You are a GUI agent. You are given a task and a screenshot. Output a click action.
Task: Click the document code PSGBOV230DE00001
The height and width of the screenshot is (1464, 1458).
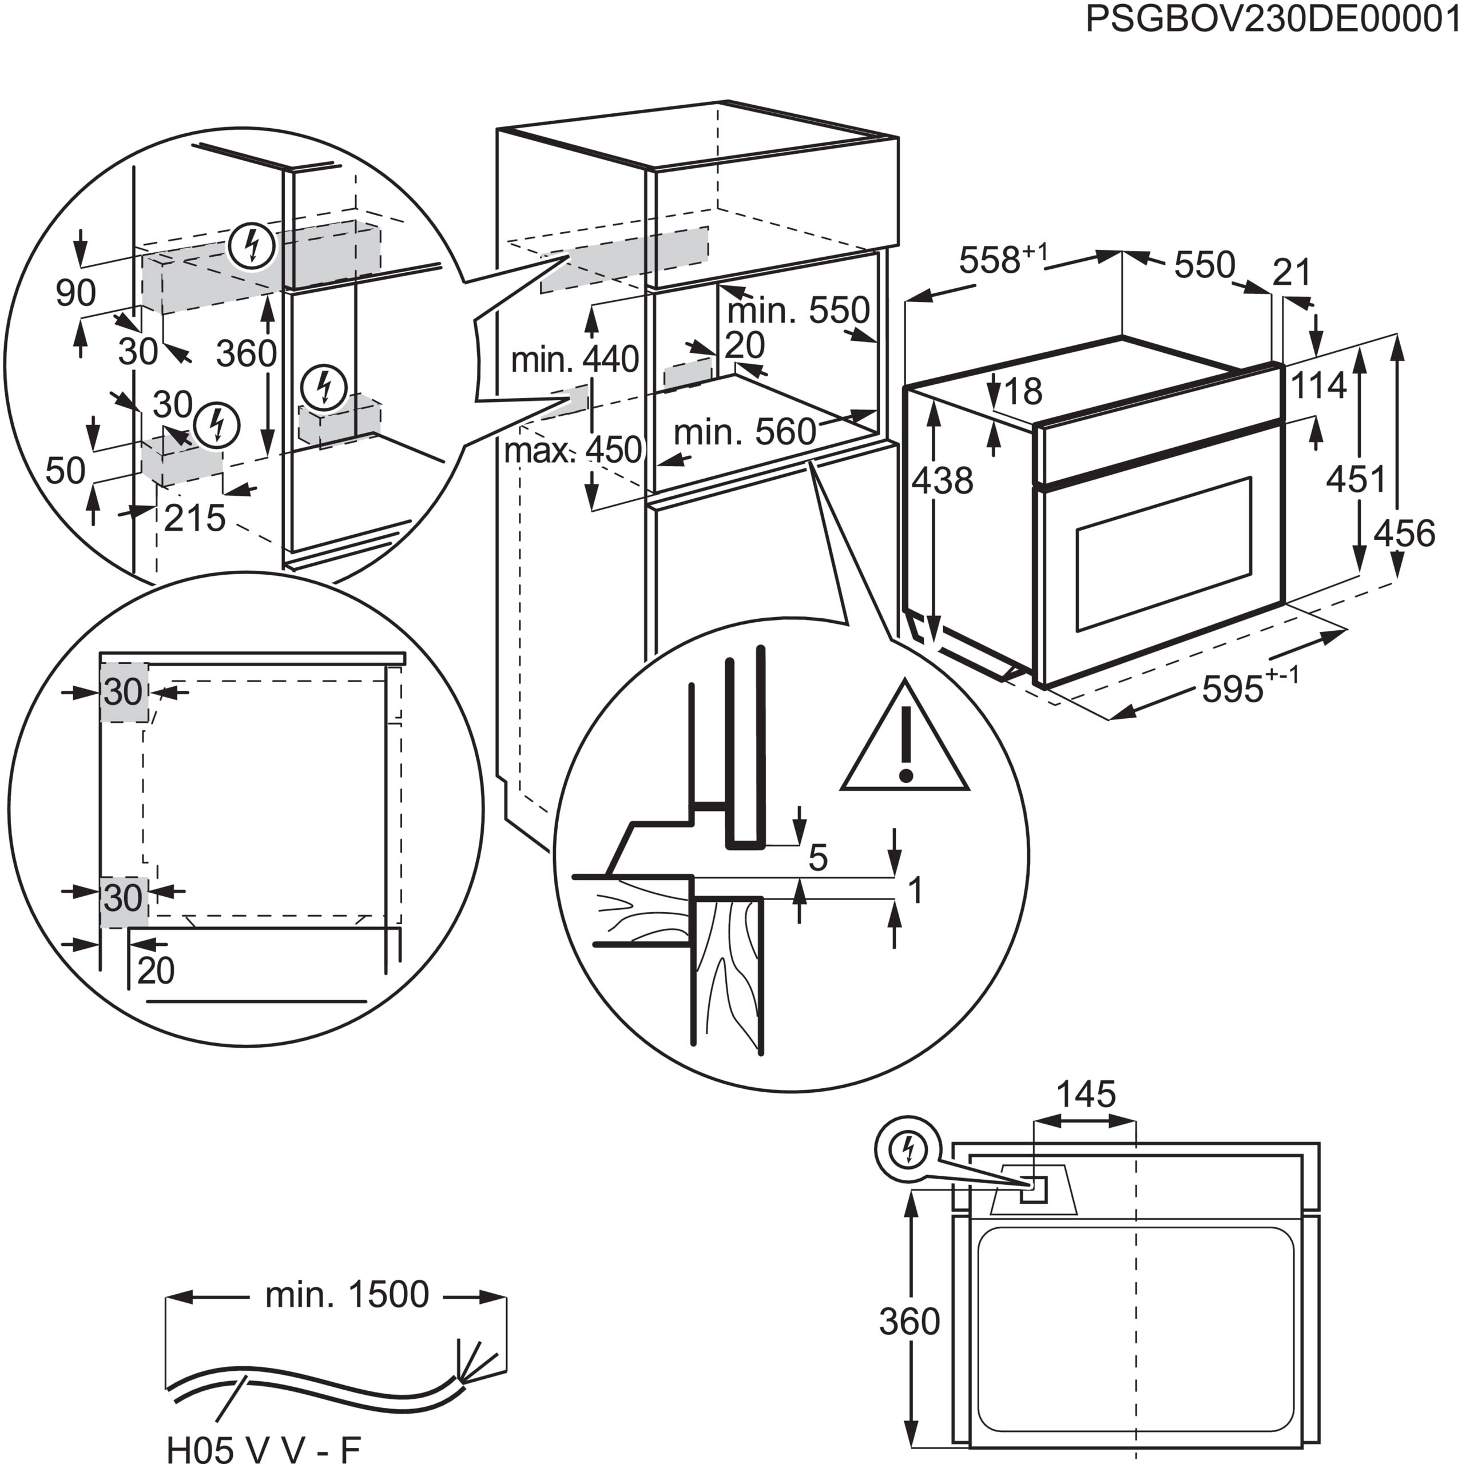1271,18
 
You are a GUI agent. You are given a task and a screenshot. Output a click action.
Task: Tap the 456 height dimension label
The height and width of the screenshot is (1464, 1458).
1404,534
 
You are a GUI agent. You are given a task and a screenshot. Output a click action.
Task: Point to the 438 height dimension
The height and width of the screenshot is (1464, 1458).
942,480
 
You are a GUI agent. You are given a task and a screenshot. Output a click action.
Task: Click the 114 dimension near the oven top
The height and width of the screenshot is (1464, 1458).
1318,385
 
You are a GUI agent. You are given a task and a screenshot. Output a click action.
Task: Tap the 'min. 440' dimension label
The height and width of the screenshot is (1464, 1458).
574,359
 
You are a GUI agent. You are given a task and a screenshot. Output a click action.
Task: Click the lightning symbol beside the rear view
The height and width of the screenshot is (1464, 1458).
908,1150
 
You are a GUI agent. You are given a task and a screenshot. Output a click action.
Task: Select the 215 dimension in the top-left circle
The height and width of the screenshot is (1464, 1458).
194,518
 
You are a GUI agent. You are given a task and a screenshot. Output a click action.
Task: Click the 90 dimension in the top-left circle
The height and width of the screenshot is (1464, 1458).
76,292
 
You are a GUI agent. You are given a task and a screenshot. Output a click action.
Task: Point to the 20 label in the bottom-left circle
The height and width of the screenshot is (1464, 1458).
156,970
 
